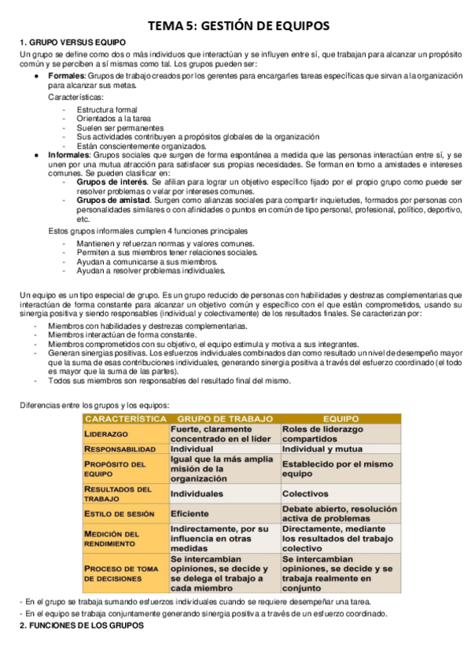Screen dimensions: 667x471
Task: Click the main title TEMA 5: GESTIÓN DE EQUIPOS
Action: pos(235,26)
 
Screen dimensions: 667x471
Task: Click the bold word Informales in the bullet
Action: pos(70,155)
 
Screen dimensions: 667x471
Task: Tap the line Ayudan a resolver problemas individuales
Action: pos(151,271)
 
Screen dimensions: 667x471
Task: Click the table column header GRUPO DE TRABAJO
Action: pos(225,419)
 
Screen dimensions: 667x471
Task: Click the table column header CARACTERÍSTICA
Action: pos(126,419)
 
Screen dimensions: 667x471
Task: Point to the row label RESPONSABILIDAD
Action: pos(123,448)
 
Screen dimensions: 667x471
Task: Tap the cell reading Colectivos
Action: pos(305,494)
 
